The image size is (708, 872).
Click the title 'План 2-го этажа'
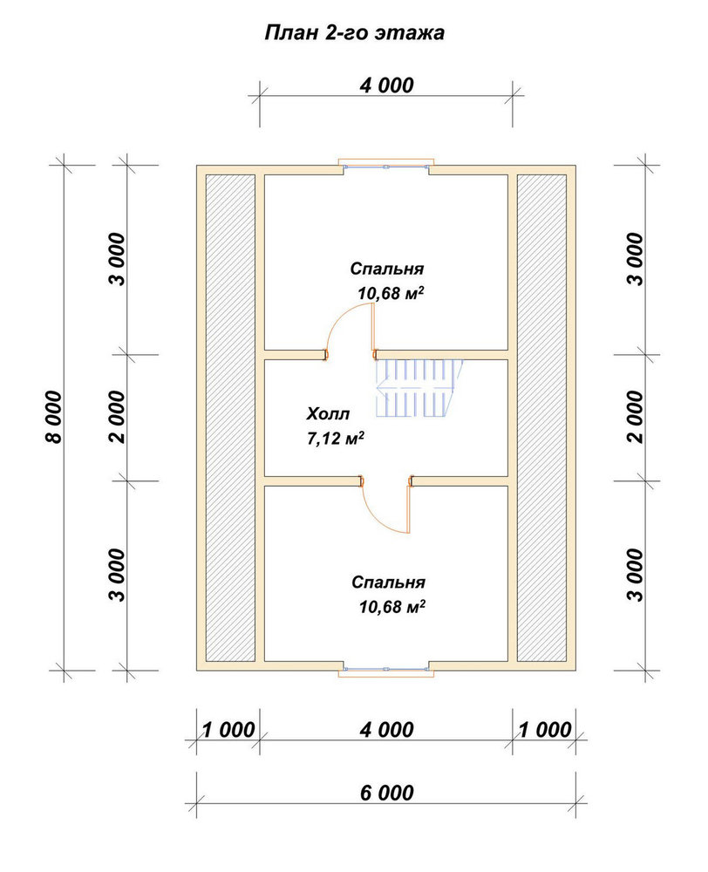coord(354,33)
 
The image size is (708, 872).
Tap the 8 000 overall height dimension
coord(55,417)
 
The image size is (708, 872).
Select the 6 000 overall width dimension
coord(386,793)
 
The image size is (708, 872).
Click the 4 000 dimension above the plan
coord(386,85)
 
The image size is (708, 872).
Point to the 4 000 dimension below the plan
coord(386,730)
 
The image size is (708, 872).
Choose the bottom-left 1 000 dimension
coord(228,730)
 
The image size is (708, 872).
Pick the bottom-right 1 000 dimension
coord(545,730)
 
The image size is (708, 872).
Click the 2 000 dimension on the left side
coord(118,417)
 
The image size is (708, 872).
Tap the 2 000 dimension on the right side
coord(635,417)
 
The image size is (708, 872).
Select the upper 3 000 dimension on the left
coord(118,259)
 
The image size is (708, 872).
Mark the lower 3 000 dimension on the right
coord(635,575)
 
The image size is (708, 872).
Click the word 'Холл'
coord(328,414)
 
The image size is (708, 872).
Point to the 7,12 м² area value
coord(336,439)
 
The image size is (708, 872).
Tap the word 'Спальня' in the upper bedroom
coord(386,269)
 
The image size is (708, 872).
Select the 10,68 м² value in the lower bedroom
coord(392,606)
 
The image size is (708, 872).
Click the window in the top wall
coord(386,165)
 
